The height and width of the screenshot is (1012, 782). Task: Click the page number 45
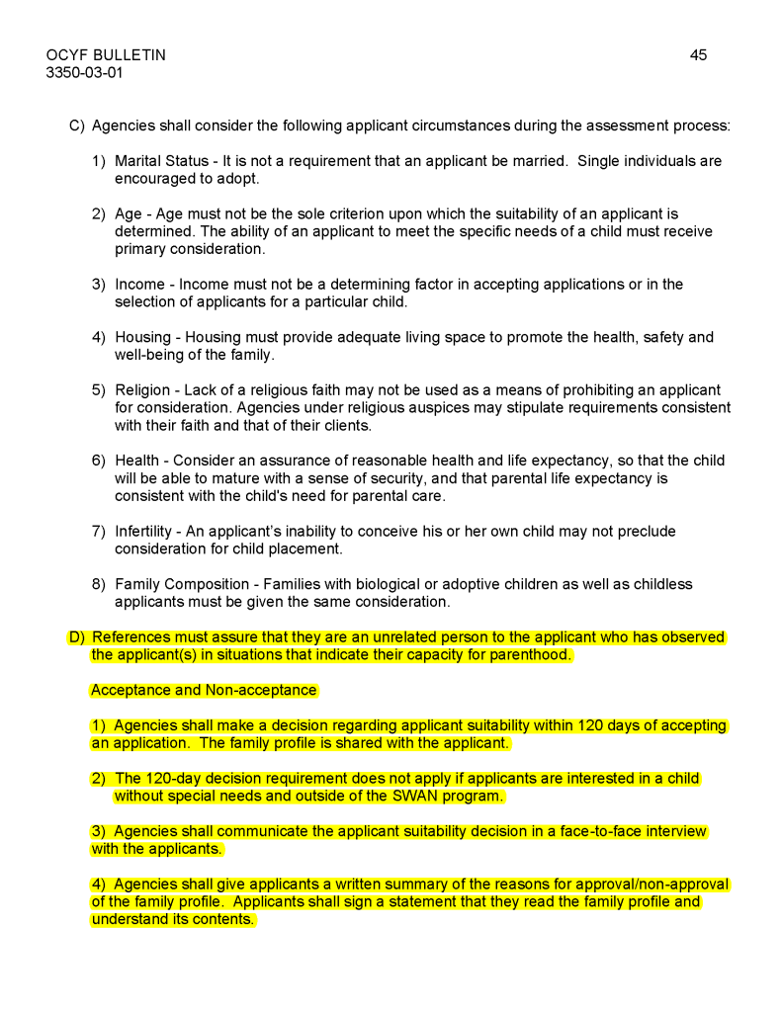click(698, 55)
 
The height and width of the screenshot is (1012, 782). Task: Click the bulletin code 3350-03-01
click(85, 72)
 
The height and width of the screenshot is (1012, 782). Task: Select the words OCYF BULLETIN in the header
click(106, 55)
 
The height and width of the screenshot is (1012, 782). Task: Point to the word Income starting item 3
click(139, 285)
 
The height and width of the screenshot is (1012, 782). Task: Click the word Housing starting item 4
click(142, 338)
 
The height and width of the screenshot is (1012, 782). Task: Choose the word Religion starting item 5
click(142, 390)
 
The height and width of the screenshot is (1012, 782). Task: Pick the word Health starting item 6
click(137, 461)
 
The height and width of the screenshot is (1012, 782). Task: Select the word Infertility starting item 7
click(144, 532)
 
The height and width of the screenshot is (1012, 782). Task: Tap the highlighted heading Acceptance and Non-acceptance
click(204, 691)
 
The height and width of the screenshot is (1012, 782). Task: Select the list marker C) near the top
click(76, 126)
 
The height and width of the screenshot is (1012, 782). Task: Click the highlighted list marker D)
click(76, 637)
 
